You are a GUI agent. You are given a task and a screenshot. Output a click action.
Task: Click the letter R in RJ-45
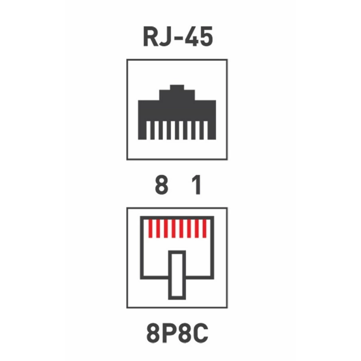(x=151, y=36)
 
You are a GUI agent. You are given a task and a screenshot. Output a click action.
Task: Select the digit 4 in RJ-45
(x=190, y=36)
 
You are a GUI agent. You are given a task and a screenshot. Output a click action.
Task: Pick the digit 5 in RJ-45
(x=205, y=37)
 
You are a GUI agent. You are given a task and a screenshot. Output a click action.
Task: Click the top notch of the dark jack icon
(x=177, y=87)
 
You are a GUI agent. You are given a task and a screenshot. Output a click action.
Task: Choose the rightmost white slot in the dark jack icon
(x=206, y=130)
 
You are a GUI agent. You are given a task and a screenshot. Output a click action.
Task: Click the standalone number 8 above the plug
(x=162, y=184)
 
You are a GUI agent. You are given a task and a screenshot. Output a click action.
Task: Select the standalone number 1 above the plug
(x=196, y=184)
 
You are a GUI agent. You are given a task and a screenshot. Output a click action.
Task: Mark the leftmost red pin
(x=150, y=229)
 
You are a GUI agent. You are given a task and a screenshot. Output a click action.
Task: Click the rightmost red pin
(x=204, y=229)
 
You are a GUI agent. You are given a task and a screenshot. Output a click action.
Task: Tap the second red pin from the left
(x=158, y=229)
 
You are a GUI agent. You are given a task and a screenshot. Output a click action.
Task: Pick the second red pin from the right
(x=197, y=229)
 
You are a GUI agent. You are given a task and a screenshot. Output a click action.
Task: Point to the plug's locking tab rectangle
(x=177, y=275)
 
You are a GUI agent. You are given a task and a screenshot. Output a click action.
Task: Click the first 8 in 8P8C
(x=153, y=334)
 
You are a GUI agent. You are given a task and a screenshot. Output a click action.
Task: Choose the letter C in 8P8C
(x=200, y=334)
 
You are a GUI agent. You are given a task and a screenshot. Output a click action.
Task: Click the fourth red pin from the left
(x=174, y=229)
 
